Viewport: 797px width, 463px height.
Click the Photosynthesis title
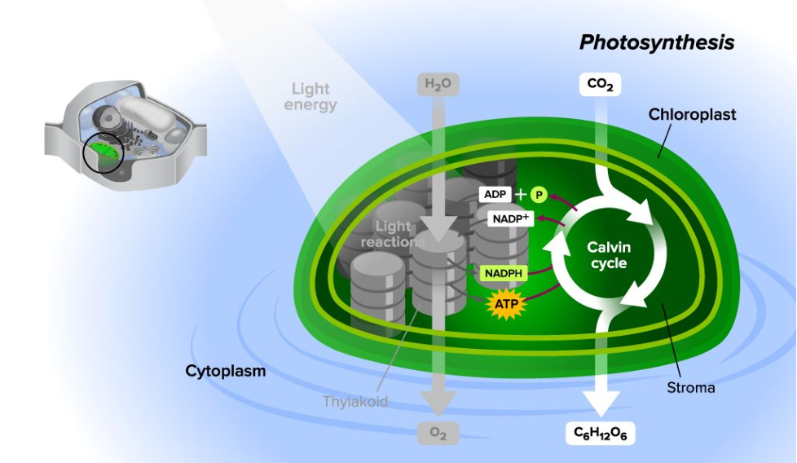coord(657,42)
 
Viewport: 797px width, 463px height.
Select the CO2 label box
coord(600,84)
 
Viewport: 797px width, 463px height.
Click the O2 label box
coord(438,434)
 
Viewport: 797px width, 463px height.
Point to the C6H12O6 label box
coord(600,434)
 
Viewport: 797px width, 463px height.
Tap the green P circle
coord(539,195)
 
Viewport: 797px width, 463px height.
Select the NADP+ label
coord(510,218)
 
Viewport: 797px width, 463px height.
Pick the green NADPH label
coord(504,273)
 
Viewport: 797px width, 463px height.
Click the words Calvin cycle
coord(609,255)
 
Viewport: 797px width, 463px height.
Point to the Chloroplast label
coord(692,114)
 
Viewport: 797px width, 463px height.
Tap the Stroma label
coord(690,387)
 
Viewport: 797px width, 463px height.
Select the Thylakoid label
coord(355,401)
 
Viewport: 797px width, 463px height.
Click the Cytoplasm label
coord(226,372)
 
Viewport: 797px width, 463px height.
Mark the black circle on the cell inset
coord(103,153)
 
